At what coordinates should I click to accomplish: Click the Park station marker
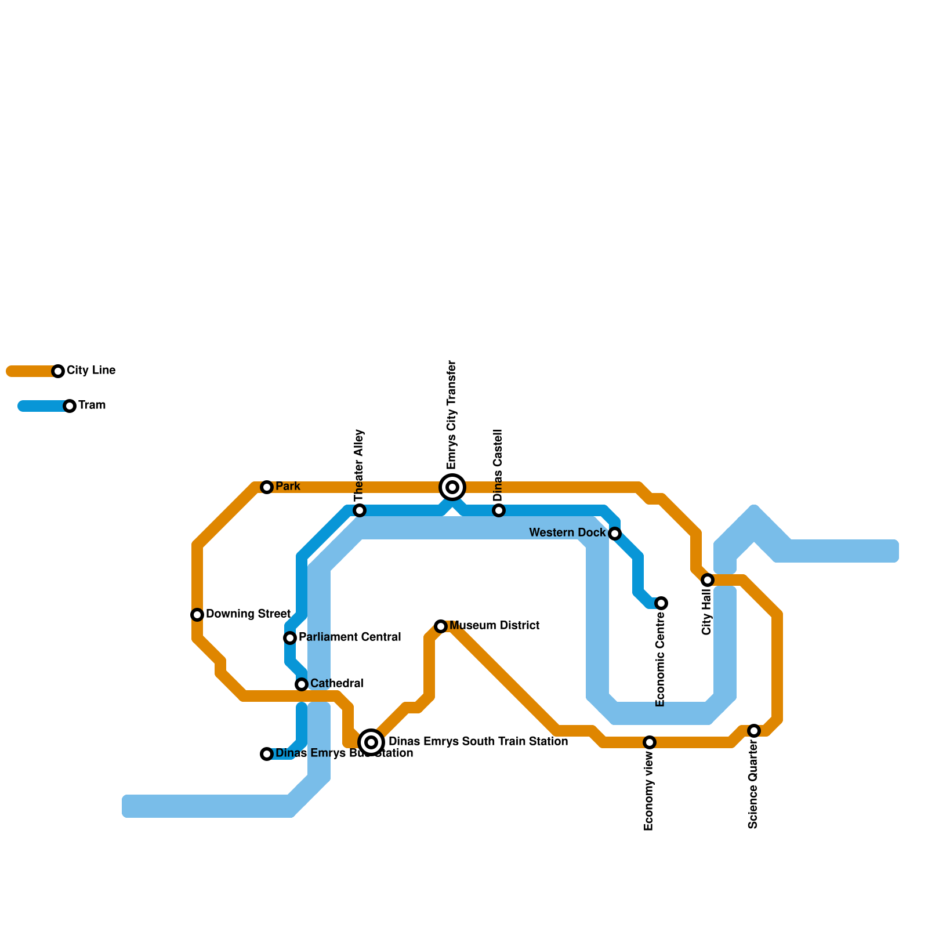[267, 487]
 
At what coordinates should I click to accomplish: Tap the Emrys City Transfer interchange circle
[452, 487]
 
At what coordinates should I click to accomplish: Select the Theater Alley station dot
[360, 510]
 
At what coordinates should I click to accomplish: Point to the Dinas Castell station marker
[499, 510]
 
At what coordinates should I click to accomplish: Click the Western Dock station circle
[615, 534]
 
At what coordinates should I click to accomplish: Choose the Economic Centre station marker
[661, 603]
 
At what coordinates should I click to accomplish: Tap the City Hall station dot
[708, 580]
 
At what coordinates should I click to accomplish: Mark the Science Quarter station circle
[754, 731]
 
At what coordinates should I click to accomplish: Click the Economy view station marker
[650, 742]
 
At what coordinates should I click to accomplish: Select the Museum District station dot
[441, 626]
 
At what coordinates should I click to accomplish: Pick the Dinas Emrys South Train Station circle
[372, 742]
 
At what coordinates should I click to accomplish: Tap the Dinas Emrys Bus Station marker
[267, 754]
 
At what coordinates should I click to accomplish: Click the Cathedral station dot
[302, 684]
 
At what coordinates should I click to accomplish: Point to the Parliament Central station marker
[290, 638]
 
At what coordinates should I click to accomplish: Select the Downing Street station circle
[197, 615]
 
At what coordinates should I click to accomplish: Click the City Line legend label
[91, 371]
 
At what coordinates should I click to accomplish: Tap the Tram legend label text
[92, 405]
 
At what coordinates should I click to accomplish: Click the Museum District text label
[494, 626]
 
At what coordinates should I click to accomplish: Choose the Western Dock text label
[567, 533]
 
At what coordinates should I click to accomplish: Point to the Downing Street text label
[248, 614]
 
